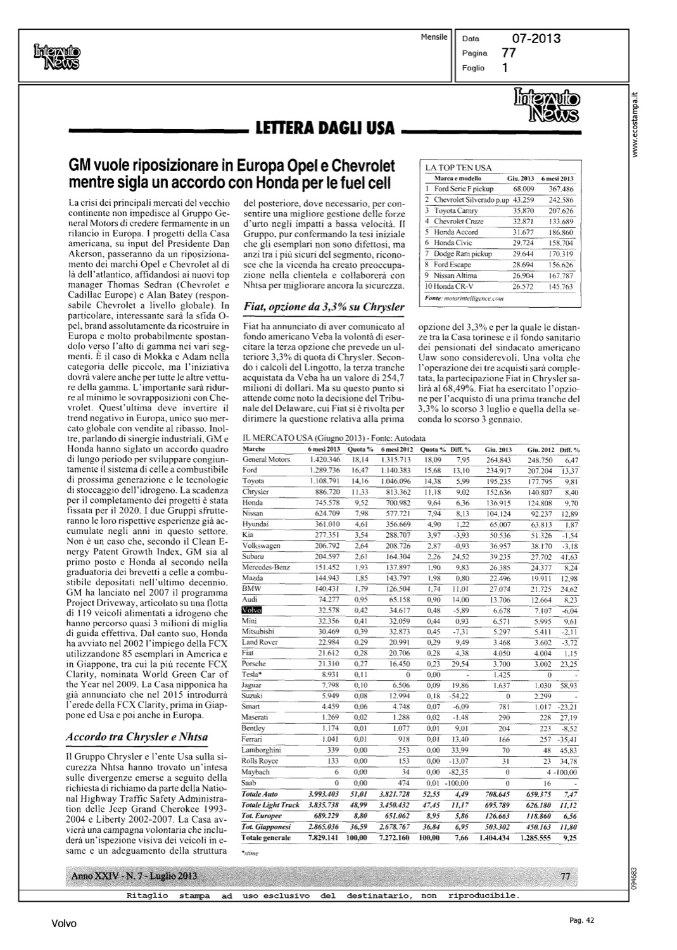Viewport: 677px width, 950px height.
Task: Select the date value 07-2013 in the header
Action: (536, 39)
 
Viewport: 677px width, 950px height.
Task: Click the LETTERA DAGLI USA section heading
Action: (324, 129)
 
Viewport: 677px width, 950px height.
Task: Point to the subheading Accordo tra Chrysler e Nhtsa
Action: (137, 737)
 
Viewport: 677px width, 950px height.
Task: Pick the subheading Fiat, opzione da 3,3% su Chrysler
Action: (324, 307)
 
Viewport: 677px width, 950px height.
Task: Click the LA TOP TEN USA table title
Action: (459, 168)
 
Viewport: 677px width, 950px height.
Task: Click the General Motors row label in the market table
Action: (266, 459)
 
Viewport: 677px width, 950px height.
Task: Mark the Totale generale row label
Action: (266, 837)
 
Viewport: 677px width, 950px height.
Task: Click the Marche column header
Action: (254, 448)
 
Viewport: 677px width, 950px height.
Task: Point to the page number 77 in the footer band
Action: (566, 876)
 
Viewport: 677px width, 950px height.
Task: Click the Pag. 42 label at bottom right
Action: (580, 921)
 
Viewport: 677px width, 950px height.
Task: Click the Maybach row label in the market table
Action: (256, 772)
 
